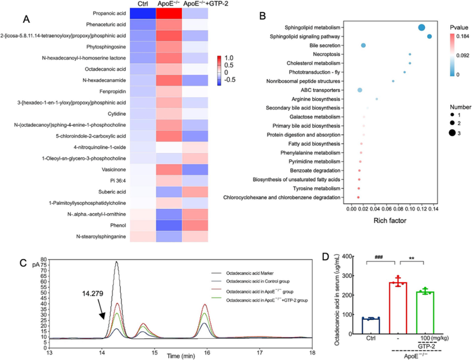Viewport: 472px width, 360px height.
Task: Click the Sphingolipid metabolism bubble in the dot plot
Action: coord(421,28)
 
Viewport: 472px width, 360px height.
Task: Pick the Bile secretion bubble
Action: coord(363,45)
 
